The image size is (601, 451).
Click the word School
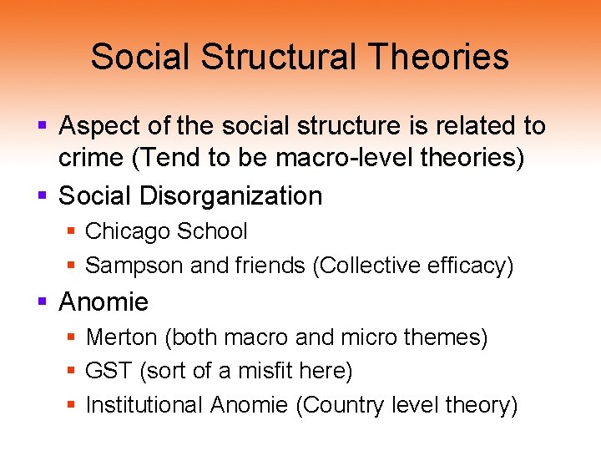pyautogui.click(x=215, y=231)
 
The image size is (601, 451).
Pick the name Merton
pyautogui.click(x=122, y=337)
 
